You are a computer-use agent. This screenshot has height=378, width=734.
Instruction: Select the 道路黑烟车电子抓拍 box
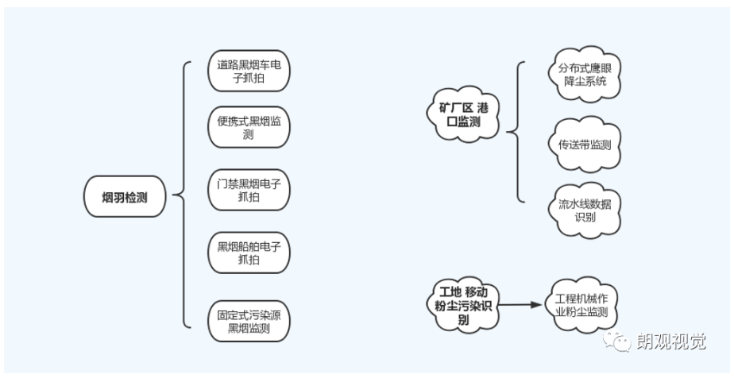tap(249, 71)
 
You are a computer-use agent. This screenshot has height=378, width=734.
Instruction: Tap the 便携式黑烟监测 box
tap(249, 128)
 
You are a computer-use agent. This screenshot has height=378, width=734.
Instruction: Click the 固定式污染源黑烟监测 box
tap(249, 321)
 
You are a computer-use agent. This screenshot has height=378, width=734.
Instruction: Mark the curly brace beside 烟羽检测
tap(182, 195)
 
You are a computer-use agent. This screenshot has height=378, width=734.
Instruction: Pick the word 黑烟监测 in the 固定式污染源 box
tap(249, 328)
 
